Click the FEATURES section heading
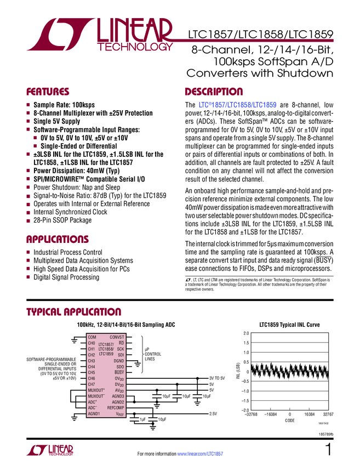pyautogui.click(x=49, y=92)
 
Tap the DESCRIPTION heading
pyautogui.click(x=214, y=92)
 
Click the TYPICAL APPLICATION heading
pyautogui.click(x=73, y=312)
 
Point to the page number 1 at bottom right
pyautogui.click(x=328, y=450)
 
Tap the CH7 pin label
pyautogui.click(x=92, y=384)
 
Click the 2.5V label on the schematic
pyautogui.click(x=214, y=414)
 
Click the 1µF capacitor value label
pyautogui.click(x=142, y=419)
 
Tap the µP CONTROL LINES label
pyautogui.click(x=153, y=354)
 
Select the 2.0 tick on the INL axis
pyautogui.click(x=247, y=333)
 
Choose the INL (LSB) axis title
pyautogui.click(x=238, y=372)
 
